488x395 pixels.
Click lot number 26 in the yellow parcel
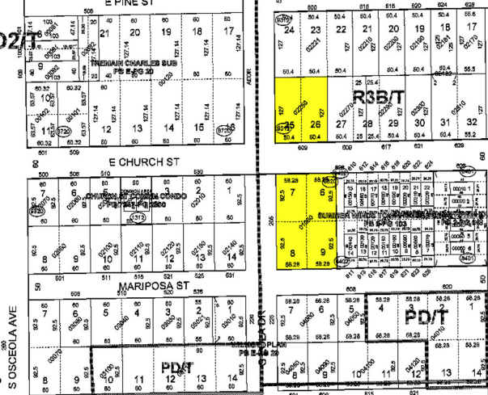click(x=315, y=124)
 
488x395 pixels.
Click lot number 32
click(x=469, y=123)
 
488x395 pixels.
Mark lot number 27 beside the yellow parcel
click(x=342, y=124)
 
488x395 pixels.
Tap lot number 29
click(x=393, y=123)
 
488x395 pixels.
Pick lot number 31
click(x=444, y=123)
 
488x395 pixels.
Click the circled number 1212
click(x=138, y=216)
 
